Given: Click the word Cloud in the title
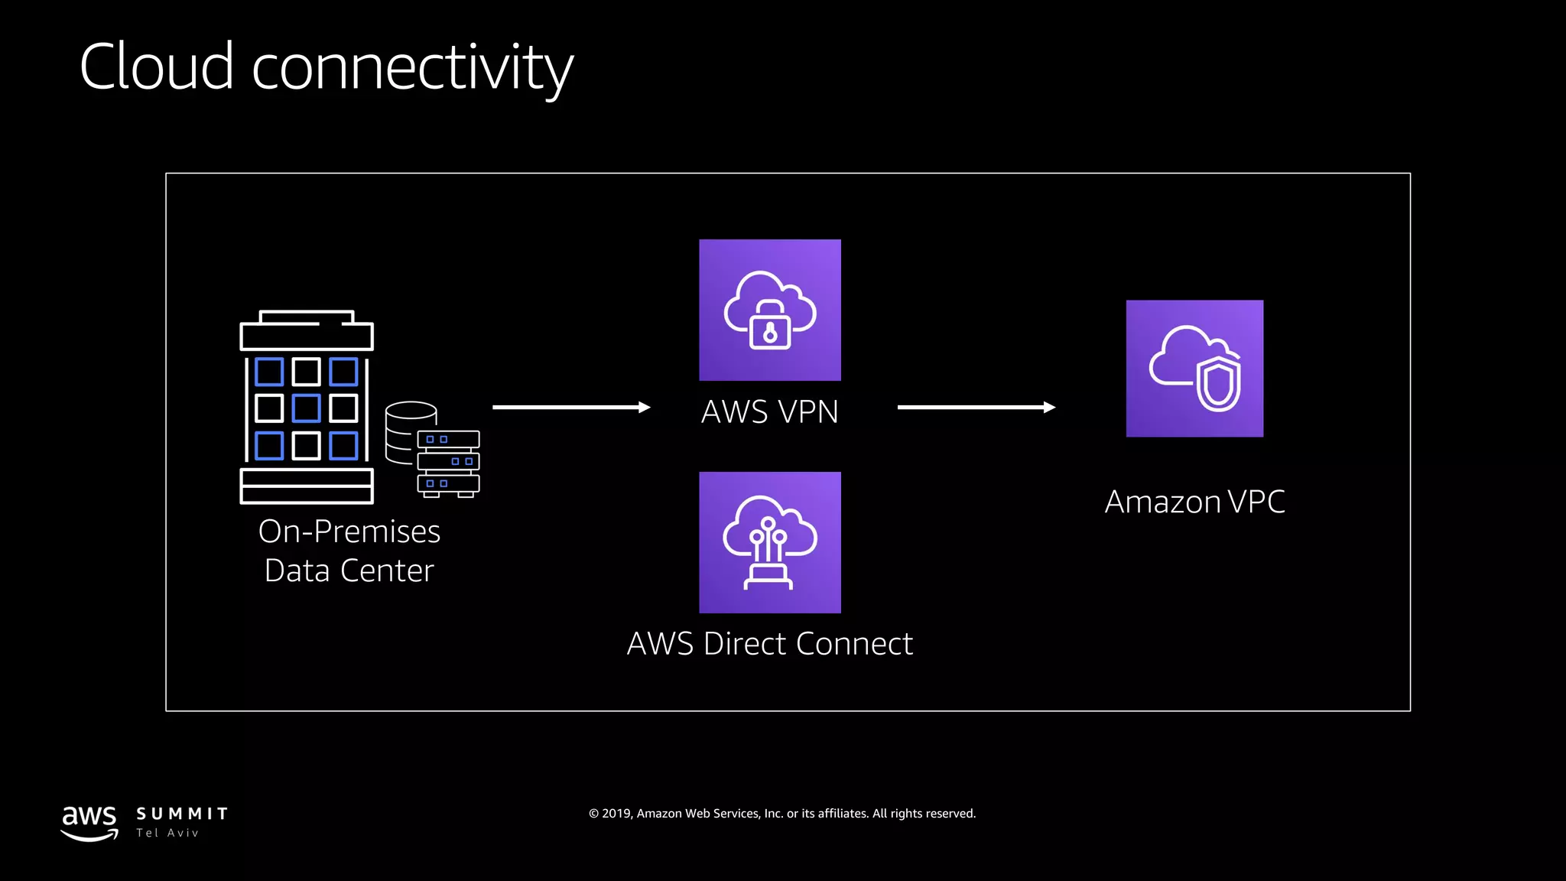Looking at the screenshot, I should coord(157,67).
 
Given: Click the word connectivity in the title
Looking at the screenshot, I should coord(413,69).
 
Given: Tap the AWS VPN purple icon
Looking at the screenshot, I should coord(769,310).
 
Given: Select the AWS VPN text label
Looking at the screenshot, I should coord(769,412).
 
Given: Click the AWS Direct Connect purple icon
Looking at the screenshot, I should coord(769,542).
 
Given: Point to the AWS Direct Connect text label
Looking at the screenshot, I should coord(769,644).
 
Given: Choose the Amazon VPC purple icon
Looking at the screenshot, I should coord(1194,368).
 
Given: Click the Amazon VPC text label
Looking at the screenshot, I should coord(1194,502).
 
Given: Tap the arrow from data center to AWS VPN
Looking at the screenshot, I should coord(571,408).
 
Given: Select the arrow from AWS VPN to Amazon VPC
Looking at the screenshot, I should coord(976,408).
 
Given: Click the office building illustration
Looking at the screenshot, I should coord(307,407).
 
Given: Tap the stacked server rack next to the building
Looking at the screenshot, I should coord(449,463).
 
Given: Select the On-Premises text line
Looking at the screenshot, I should coord(349,532).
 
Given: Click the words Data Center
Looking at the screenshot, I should coord(349,571).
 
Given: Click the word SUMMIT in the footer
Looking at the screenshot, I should coord(182,814).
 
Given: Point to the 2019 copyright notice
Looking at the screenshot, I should coord(782,814).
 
